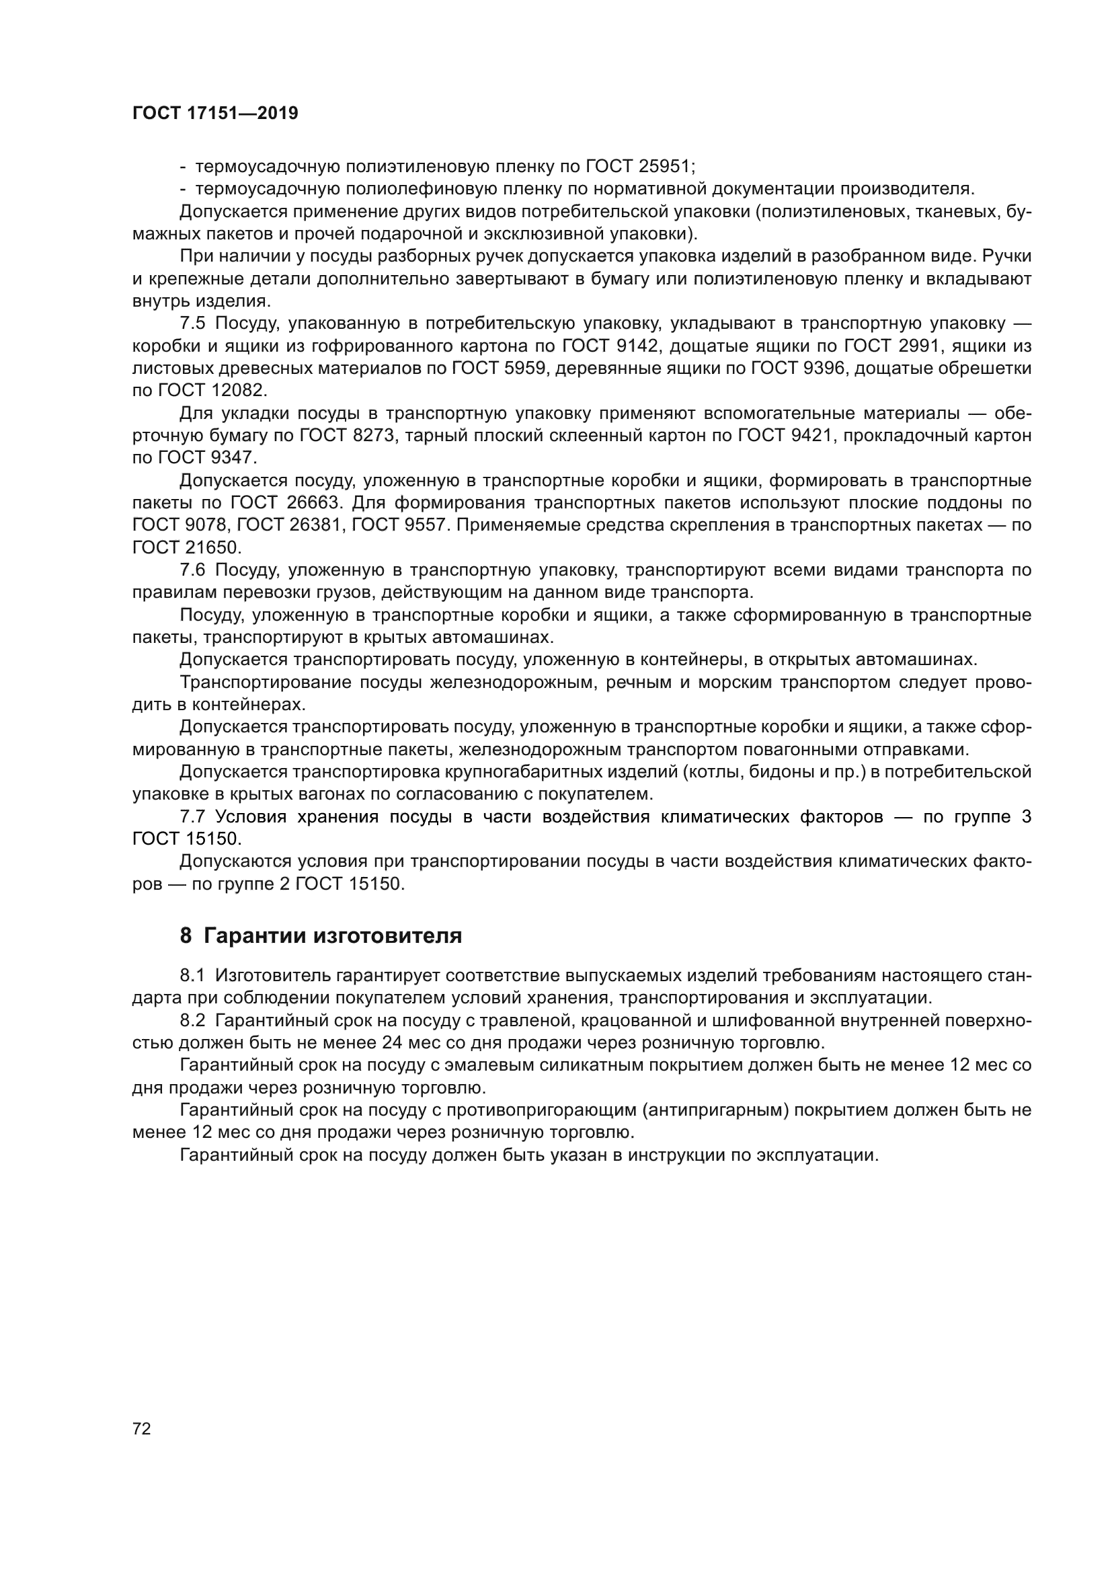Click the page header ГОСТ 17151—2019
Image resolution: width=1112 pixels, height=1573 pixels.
click(x=215, y=114)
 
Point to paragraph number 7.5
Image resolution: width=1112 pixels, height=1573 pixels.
click(x=192, y=323)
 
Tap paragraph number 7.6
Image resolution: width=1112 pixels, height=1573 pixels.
click(x=192, y=570)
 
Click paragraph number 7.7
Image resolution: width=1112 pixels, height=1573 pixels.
click(x=192, y=816)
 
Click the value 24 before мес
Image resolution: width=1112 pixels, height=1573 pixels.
click(x=385, y=1043)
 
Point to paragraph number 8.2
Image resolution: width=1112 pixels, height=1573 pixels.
click(x=192, y=1021)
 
